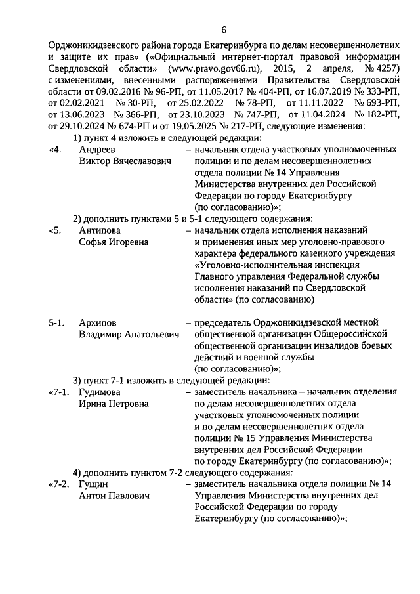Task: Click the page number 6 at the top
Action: point(224,30)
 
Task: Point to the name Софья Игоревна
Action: point(114,242)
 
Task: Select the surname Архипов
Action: point(98,323)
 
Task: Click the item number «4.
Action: point(56,150)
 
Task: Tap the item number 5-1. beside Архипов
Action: point(57,323)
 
